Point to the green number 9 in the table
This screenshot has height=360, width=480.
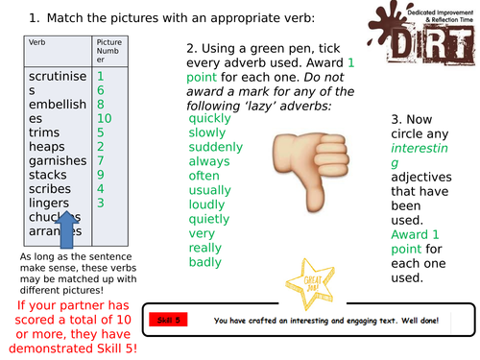(102, 175)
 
